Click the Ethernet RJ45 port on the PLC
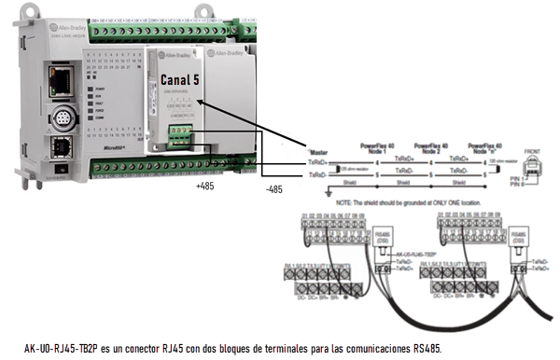tap(64, 75)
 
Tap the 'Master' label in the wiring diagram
tap(317, 149)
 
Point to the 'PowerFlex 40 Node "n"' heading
tap(483, 147)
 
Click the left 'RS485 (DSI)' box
tap(382, 236)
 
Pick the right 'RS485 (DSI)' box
tap(519, 236)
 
